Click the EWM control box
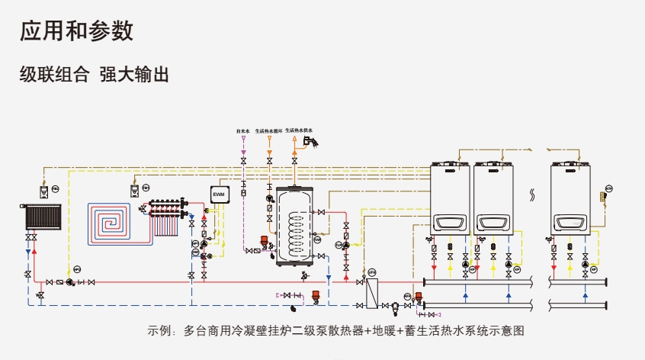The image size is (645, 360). (220, 194)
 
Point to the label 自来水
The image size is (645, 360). (243, 131)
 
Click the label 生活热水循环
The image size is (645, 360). (268, 131)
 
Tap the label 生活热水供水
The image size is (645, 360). (299, 130)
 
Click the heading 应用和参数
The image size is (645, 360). (76, 31)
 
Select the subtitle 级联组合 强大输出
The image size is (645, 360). (93, 75)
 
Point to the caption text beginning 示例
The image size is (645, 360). (335, 331)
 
